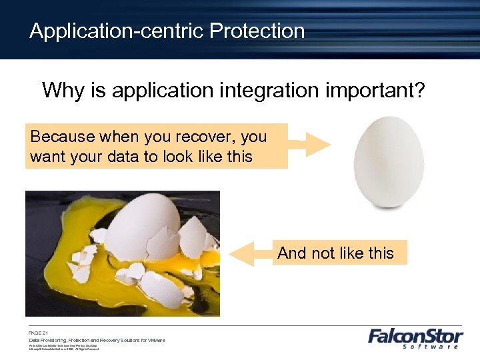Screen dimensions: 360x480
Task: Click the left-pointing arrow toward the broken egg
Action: click(251, 253)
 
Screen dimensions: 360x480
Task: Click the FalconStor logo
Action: click(413, 337)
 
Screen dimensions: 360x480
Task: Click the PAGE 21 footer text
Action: click(38, 332)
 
